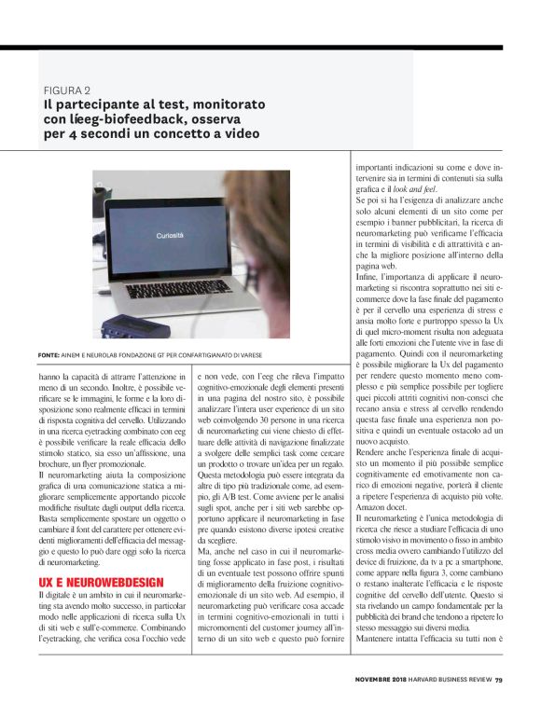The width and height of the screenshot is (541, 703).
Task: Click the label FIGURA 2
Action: (67, 90)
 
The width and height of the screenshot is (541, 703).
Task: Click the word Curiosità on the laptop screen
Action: (168, 238)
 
